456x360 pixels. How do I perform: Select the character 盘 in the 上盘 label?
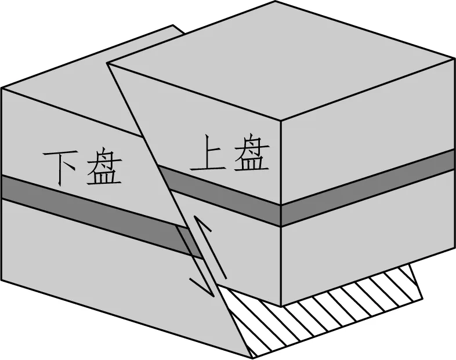point(251,154)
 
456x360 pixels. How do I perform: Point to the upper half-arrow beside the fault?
point(203,232)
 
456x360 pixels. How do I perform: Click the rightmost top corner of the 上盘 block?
point(454,58)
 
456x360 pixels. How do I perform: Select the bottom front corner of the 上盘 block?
point(281,306)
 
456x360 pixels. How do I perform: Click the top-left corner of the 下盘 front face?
point(2,88)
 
